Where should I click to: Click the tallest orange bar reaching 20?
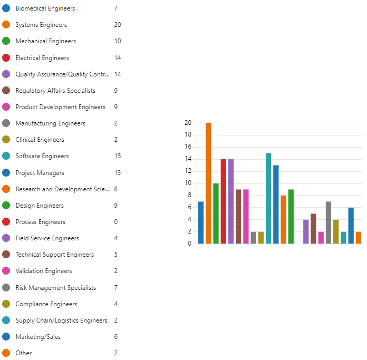(208, 183)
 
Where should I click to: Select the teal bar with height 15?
(268, 198)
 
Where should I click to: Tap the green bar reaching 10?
(216, 213)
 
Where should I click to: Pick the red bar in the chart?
(223, 201)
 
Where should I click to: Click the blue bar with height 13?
(276, 205)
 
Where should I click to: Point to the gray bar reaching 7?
(329, 222)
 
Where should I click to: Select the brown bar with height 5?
(313, 228)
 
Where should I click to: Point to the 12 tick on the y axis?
(188, 171)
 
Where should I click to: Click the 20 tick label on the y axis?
(188, 123)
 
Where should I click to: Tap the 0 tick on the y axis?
(189, 244)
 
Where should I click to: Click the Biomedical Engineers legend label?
(45, 8)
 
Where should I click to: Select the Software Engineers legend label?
(42, 156)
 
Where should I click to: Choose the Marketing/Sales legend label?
(37, 337)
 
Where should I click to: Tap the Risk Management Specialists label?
(56, 288)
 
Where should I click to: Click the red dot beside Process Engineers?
(6, 222)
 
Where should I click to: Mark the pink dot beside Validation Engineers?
(6, 271)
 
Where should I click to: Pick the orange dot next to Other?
(6, 353)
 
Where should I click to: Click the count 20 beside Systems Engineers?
(118, 25)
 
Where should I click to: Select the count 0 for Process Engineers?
(115, 222)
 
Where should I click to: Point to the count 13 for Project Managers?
(117, 173)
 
